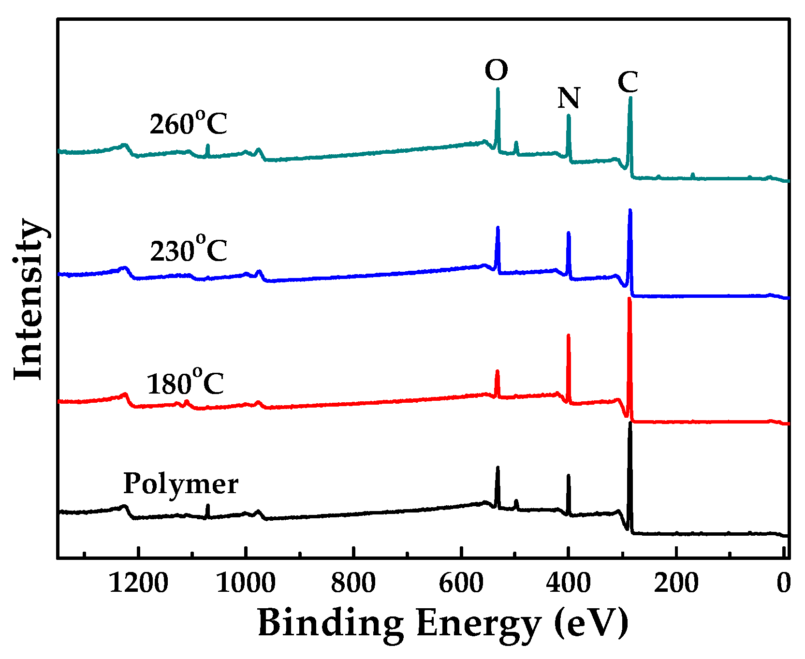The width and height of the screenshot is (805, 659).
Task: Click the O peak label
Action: click(496, 71)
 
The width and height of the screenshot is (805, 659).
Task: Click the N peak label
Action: click(569, 98)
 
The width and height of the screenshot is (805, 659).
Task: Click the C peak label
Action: click(628, 82)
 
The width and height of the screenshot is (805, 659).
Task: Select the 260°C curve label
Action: click(188, 123)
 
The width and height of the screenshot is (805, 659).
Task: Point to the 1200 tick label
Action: click(138, 583)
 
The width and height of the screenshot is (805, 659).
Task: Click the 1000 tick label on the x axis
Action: click(246, 583)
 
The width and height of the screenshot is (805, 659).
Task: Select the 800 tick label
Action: click(353, 583)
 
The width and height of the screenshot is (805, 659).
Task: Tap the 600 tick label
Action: click(461, 583)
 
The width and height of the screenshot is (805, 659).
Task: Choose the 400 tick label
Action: click(568, 583)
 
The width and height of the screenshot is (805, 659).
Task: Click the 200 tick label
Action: click(676, 583)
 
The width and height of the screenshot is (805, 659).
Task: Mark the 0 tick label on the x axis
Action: click(783, 583)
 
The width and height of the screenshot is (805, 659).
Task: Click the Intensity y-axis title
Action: click(29, 299)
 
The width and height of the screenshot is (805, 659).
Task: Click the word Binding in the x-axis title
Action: click(330, 623)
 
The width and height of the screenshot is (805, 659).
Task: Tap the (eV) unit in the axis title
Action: click(591, 623)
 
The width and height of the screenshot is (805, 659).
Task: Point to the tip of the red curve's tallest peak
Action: click(629, 299)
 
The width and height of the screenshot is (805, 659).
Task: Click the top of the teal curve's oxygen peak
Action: click(498, 89)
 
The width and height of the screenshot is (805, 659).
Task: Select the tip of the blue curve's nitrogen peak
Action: click(569, 233)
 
